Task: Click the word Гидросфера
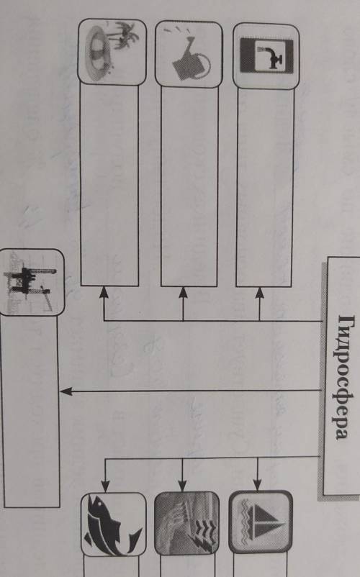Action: (x=341, y=376)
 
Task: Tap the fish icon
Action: (x=112, y=524)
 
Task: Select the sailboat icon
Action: (x=261, y=522)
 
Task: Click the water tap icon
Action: (x=266, y=55)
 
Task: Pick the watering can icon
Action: (x=190, y=56)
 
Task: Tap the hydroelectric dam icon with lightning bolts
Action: (x=186, y=522)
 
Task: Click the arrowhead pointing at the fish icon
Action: (x=105, y=486)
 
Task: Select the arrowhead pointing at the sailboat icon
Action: (x=257, y=485)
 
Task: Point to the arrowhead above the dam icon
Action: (x=183, y=486)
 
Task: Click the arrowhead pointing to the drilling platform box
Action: (x=66, y=391)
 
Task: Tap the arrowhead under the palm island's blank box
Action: (x=104, y=293)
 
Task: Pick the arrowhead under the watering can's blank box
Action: (x=183, y=293)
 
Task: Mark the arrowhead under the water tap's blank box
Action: (x=259, y=294)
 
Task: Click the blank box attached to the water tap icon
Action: (x=265, y=187)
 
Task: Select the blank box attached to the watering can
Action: (x=189, y=186)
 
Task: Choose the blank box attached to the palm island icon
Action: (x=109, y=185)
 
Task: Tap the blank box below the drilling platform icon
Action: (x=30, y=412)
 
